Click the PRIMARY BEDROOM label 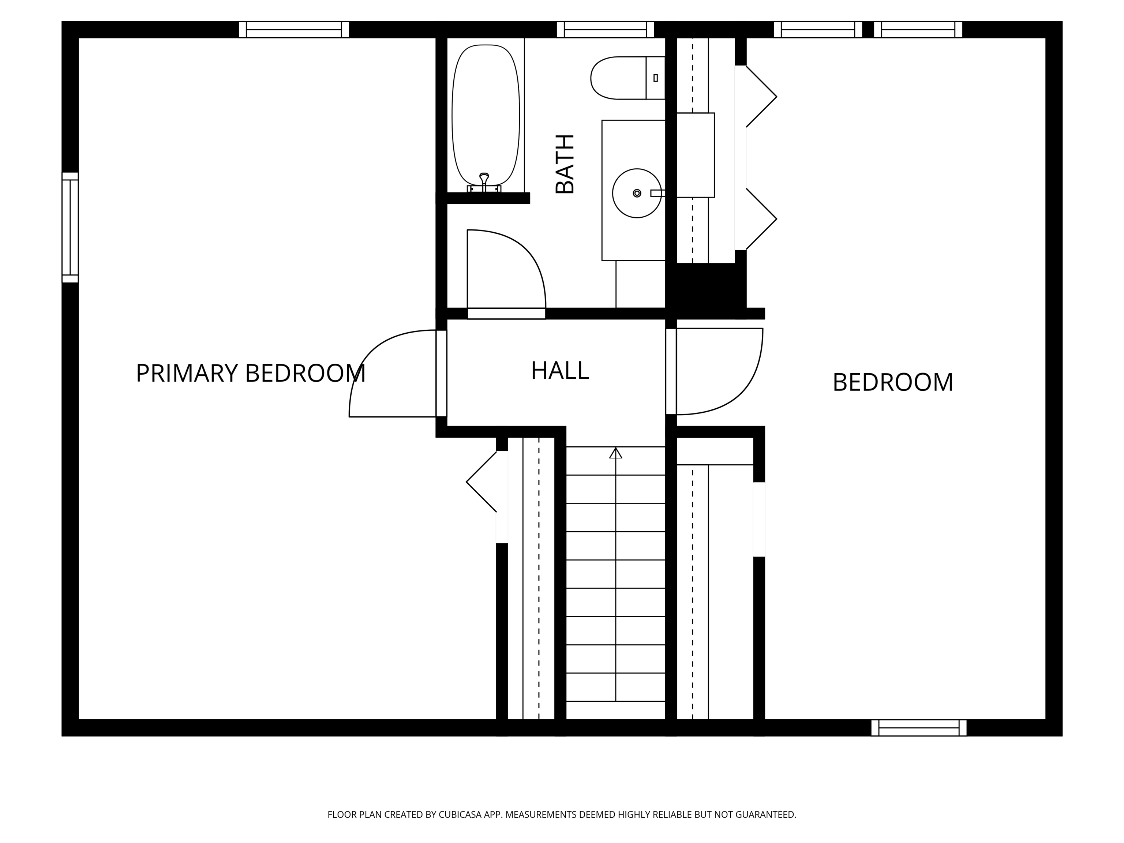[251, 374]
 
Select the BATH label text [565, 164]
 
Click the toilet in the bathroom [627, 78]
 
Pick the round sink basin [637, 193]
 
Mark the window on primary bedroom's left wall [70, 227]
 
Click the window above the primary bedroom [294, 30]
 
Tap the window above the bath [605, 30]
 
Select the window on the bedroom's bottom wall [919, 728]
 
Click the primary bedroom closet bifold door [481, 482]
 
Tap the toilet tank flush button [656, 78]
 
